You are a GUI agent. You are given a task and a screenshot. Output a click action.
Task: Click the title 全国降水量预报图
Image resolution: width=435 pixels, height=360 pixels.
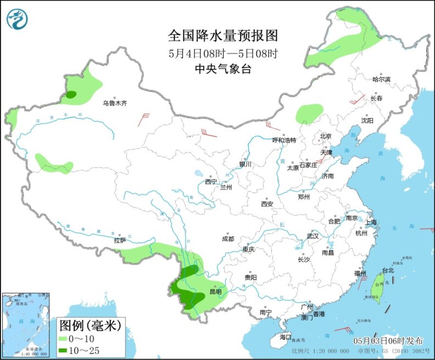[x=223, y=36]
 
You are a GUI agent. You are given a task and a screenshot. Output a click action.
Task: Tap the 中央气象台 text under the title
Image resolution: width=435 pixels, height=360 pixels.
[x=223, y=69]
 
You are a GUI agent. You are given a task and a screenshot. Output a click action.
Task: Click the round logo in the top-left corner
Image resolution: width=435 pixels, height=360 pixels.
[x=18, y=19]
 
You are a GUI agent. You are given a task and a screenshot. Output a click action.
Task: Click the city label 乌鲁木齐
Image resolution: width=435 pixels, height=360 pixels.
[x=115, y=103]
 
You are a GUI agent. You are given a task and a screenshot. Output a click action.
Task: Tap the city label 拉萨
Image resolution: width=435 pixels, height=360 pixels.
[x=120, y=240]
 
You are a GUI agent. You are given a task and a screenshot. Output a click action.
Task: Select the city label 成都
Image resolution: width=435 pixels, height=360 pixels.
[x=228, y=239]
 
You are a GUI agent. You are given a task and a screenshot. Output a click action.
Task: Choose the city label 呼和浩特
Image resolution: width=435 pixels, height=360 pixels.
[x=285, y=140]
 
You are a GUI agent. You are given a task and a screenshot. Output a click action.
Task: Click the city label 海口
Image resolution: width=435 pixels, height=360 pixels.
[x=285, y=336]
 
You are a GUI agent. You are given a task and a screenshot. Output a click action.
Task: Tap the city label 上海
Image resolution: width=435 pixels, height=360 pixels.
[x=371, y=222]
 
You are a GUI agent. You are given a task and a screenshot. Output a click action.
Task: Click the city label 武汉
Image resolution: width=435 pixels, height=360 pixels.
[x=313, y=235]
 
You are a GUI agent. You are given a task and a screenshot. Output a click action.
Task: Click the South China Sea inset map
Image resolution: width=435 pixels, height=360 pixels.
[x=26, y=323]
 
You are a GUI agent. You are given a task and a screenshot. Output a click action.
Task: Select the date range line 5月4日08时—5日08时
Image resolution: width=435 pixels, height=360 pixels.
[x=223, y=54]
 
